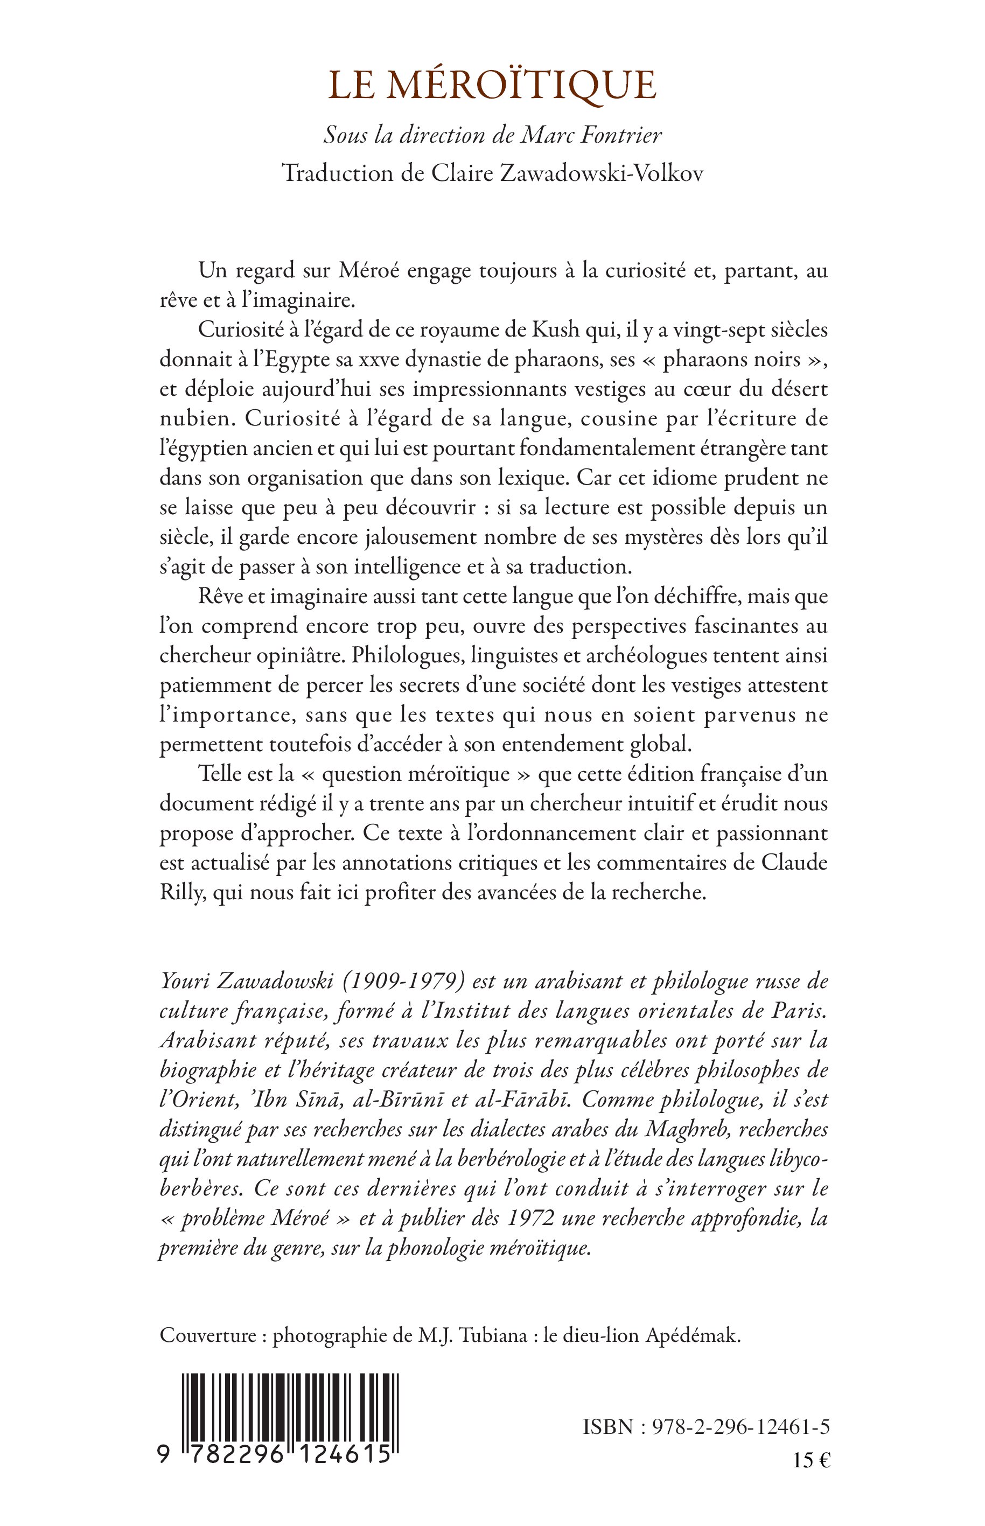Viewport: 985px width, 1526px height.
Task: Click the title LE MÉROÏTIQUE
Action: (492, 86)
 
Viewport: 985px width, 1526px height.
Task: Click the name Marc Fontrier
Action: (592, 135)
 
